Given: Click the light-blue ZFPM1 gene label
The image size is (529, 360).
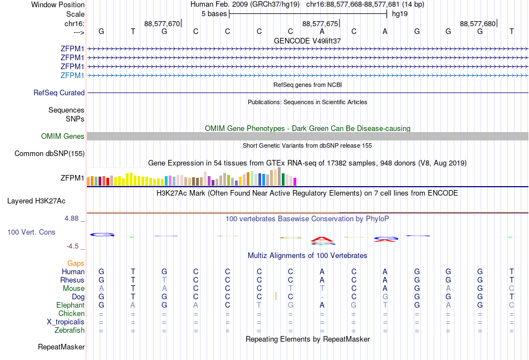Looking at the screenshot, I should (x=72, y=75).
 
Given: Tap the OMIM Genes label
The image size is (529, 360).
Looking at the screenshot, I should (x=63, y=137).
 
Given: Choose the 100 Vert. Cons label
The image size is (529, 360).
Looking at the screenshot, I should (x=31, y=232).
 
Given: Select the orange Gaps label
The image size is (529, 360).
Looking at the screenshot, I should (x=76, y=263).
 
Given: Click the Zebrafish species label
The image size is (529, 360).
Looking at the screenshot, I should (x=70, y=330).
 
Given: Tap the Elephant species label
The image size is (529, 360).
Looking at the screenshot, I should (x=70, y=305).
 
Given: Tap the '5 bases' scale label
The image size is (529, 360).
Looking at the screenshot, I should (x=214, y=13).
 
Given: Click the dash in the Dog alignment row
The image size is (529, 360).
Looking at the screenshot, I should (x=322, y=297).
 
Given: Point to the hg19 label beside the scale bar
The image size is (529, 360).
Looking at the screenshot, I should (x=400, y=13).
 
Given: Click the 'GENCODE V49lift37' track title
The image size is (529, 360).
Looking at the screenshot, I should (x=307, y=41).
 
